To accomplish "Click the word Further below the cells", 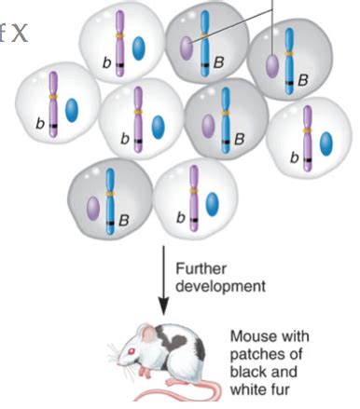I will click(x=195, y=268).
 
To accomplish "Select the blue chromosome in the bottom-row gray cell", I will click(x=112, y=197).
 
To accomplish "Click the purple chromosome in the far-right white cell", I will click(x=308, y=134).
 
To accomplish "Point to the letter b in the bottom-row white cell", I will click(x=182, y=217).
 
